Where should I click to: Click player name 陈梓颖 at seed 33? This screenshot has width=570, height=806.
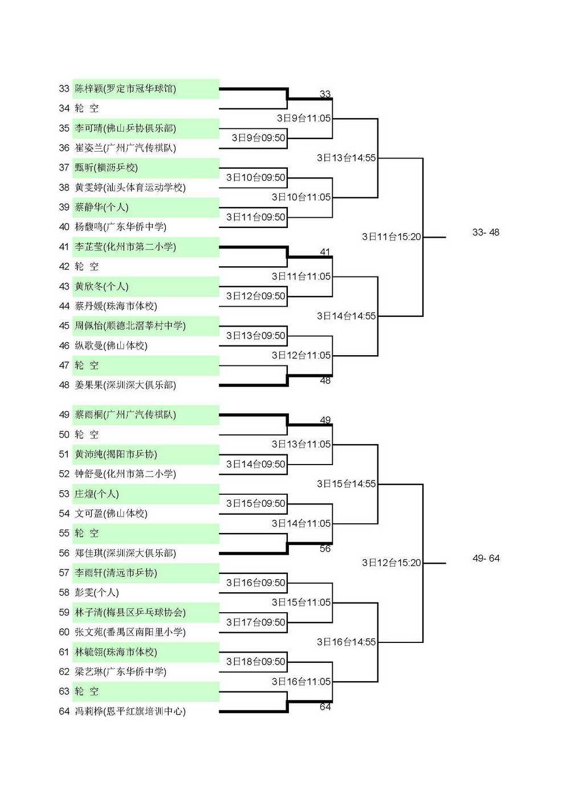pyautogui.click(x=89, y=88)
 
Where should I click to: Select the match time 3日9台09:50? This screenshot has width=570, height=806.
pyautogui.click(x=258, y=138)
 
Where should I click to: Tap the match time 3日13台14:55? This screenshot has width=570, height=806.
pyautogui.click(x=346, y=157)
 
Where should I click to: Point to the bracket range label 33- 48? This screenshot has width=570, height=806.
pyautogui.click(x=486, y=232)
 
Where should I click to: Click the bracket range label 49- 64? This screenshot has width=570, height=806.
pyautogui.click(x=486, y=558)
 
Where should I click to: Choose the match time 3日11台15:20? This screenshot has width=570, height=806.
pyautogui.click(x=392, y=237)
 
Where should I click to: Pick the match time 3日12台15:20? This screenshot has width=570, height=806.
pyautogui.click(x=392, y=563)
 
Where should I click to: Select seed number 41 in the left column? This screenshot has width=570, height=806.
pyautogui.click(x=64, y=247)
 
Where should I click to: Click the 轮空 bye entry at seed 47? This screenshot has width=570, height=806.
pyautogui.click(x=87, y=365)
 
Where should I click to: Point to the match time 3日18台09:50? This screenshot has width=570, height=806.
pyautogui.click(x=255, y=661)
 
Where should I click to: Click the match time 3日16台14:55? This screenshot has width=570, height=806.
pyautogui.click(x=346, y=642)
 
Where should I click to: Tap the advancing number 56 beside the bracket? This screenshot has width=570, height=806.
pyautogui.click(x=325, y=548)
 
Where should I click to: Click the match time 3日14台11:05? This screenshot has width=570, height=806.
pyautogui.click(x=301, y=523)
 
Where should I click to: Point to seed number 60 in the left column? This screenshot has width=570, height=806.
pyautogui.click(x=64, y=632)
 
